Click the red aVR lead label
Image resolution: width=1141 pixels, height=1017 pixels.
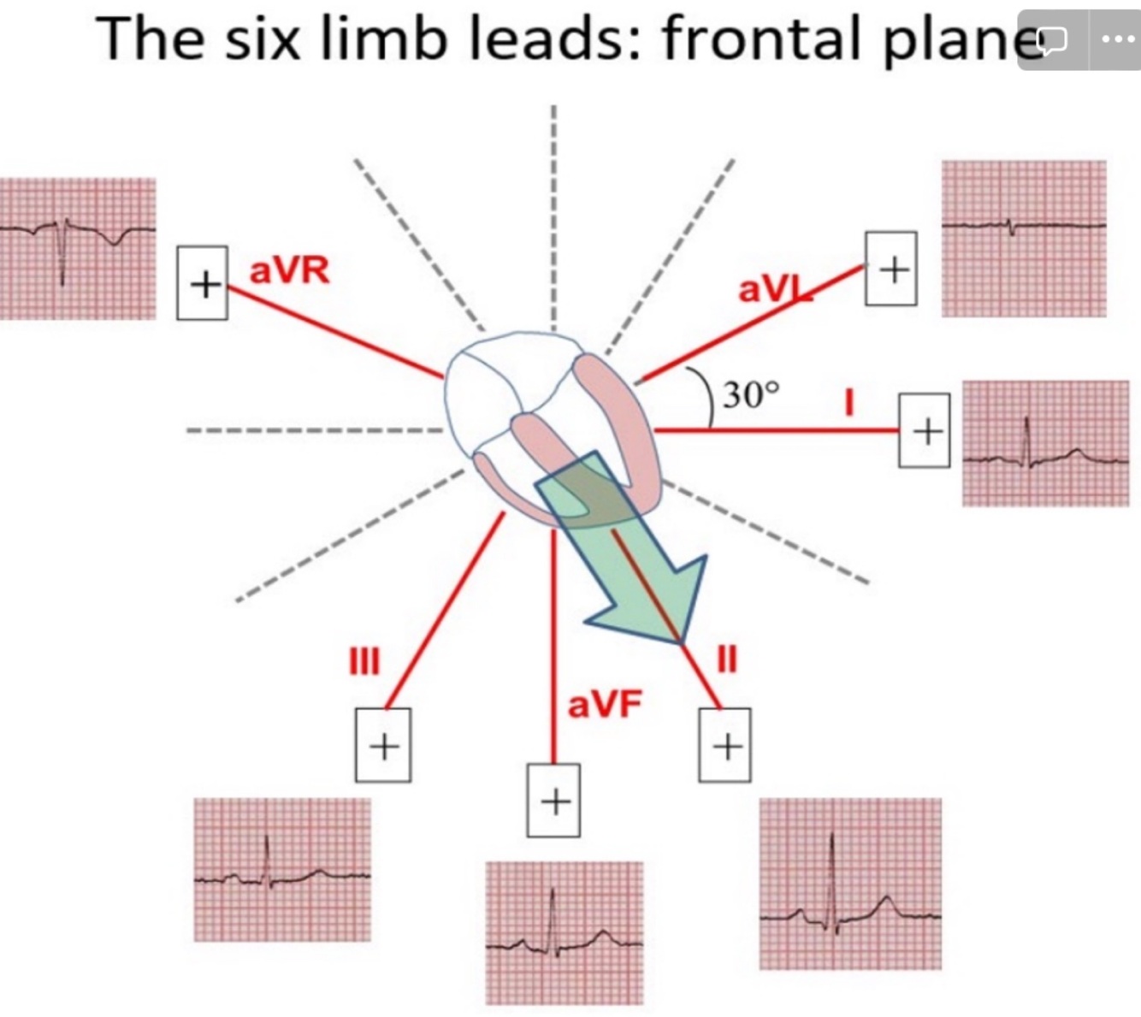pyautogui.click(x=289, y=271)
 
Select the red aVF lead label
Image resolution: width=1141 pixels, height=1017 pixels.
pyautogui.click(x=604, y=705)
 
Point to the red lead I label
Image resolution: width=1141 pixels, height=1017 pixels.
pyautogui.click(x=849, y=402)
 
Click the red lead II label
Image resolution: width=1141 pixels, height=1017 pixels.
pyautogui.click(x=725, y=659)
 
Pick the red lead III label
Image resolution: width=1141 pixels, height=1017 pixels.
pyautogui.click(x=364, y=660)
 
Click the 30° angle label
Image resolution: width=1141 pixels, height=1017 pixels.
pyautogui.click(x=752, y=395)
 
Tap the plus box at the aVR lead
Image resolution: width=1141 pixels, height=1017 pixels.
pyautogui.click(x=202, y=283)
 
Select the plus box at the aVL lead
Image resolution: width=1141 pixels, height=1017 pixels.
pyautogui.click(x=891, y=269)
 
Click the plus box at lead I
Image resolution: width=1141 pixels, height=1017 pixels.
pyautogui.click(x=925, y=430)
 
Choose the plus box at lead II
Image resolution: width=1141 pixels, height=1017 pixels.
pyautogui.click(x=725, y=745)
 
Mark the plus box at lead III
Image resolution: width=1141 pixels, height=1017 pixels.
pyautogui.click(x=383, y=745)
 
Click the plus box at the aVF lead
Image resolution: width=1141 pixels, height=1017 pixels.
pyautogui.click(x=553, y=801)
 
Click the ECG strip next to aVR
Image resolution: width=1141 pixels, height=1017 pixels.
pyautogui.click(x=78, y=248)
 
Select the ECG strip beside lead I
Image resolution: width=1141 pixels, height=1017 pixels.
pyautogui.click(x=1045, y=443)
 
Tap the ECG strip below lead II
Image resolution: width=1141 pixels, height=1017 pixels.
pyautogui.click(x=850, y=884)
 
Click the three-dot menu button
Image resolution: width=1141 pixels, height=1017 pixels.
pyautogui.click(x=1116, y=39)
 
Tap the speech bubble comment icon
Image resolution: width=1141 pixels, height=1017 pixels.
pyautogui.click(x=1052, y=39)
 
